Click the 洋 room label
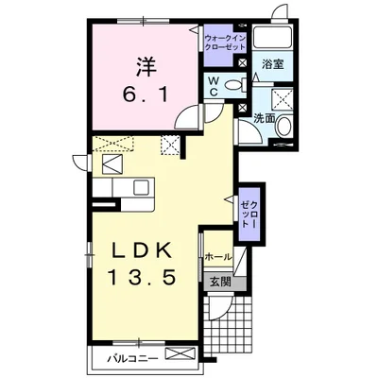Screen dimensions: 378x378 pyautogui.click(x=146, y=67)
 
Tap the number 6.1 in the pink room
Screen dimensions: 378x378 pyautogui.click(x=146, y=94)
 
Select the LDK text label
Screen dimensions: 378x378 pyautogui.click(x=142, y=251)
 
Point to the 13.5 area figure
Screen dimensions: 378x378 pyautogui.click(x=142, y=277)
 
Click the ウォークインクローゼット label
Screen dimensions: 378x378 pyautogui.click(x=225, y=43)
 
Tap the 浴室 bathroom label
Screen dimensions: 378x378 pyautogui.click(x=273, y=64)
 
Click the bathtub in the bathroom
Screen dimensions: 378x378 pyautogui.click(x=273, y=38)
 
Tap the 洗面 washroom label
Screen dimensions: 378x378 pyautogui.click(x=265, y=119)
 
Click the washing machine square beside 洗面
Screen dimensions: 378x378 pyautogui.click(x=283, y=99)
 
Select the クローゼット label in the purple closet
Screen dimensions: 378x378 pyautogui.click(x=249, y=215)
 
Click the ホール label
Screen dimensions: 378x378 pyautogui.click(x=218, y=257)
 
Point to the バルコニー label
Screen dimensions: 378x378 pyautogui.click(x=132, y=358)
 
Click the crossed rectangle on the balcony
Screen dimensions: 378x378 pyautogui.click(x=180, y=353)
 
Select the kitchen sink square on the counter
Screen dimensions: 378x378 pyautogui.click(x=141, y=188)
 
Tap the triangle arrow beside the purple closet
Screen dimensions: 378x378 pyautogui.click(x=229, y=199)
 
